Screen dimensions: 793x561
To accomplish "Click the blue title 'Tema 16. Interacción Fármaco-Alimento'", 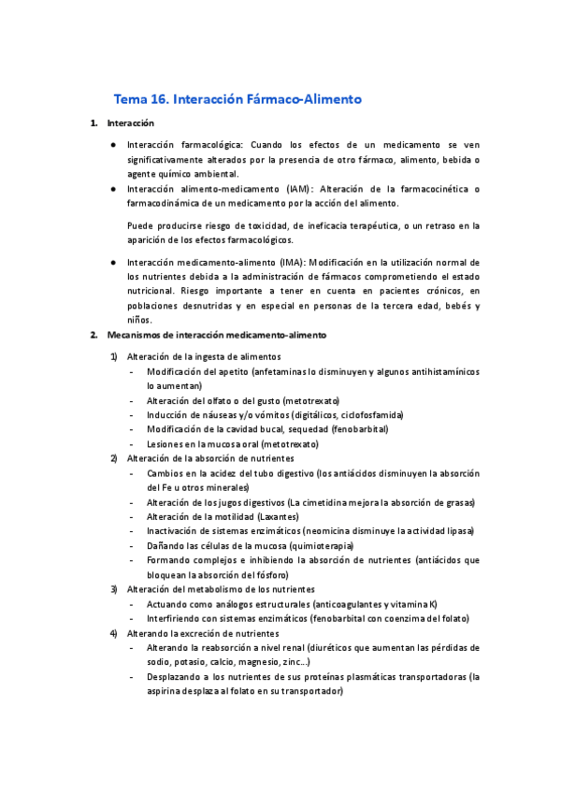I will (x=237, y=98).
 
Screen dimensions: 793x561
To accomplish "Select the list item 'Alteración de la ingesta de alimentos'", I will (x=203, y=356).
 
